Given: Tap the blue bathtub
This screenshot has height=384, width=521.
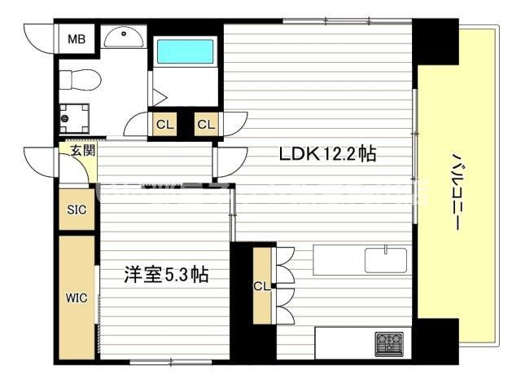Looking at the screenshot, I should [x=185, y=51].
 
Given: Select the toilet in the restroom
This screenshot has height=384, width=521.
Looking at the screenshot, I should [x=81, y=80].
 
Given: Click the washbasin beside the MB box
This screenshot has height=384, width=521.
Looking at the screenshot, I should [x=125, y=36].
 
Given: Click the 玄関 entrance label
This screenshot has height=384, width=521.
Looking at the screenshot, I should [x=81, y=150].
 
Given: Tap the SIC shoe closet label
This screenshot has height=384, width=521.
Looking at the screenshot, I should [x=76, y=210].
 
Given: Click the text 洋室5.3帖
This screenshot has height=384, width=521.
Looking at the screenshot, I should [x=165, y=275].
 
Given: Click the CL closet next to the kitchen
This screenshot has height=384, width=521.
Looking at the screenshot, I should [x=262, y=285].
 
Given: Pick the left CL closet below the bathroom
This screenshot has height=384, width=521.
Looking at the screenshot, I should [x=164, y=124].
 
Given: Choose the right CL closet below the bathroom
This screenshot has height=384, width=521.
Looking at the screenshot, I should [x=206, y=124].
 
